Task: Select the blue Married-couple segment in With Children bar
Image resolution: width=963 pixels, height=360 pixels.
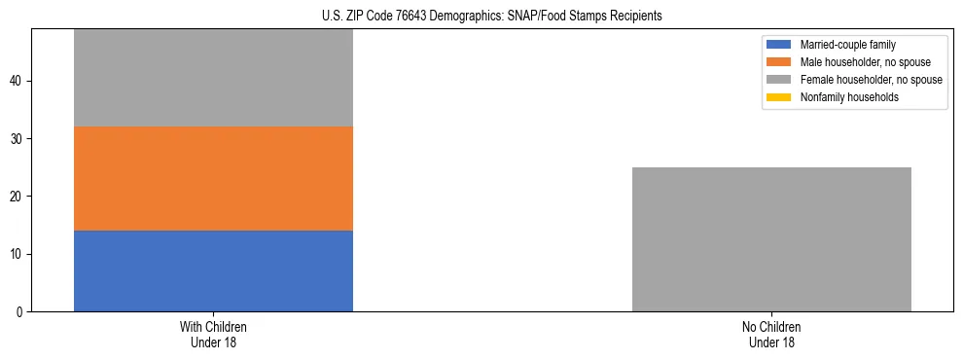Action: tap(213, 271)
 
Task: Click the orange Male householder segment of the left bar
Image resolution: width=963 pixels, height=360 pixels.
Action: tap(213, 179)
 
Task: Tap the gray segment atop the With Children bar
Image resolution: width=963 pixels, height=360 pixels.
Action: tap(213, 78)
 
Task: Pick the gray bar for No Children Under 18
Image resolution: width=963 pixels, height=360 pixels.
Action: tap(771, 239)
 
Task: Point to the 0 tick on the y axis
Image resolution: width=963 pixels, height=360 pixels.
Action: tap(21, 312)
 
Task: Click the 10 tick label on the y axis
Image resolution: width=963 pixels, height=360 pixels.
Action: tap(18, 255)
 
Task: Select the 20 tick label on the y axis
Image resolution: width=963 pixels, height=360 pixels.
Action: tap(18, 197)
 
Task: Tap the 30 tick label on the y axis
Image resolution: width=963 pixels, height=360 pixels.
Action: tap(18, 139)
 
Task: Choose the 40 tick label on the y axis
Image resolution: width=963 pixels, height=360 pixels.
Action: tap(18, 82)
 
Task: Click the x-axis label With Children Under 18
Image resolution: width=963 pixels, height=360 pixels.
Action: tap(213, 335)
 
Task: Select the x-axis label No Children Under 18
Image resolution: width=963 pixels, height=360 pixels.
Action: tap(771, 335)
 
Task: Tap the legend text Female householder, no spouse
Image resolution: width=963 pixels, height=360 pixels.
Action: tap(871, 80)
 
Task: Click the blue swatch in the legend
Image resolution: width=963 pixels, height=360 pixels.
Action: tap(779, 45)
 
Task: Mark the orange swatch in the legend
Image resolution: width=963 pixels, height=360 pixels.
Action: tap(779, 62)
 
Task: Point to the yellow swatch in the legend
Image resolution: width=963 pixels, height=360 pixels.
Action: tap(779, 97)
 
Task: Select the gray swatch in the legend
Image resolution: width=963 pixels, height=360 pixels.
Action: tap(779, 80)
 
